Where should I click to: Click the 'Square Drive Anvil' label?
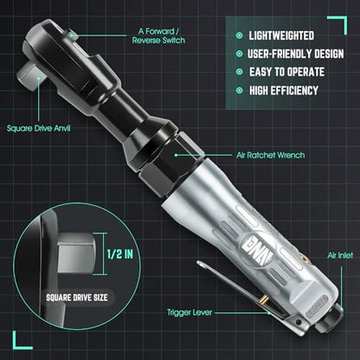tap(39, 128)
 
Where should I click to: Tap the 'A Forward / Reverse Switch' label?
tap(158, 35)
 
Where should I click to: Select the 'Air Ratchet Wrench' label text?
tap(271, 155)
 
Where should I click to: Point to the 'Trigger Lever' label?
tap(190, 312)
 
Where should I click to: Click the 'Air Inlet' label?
tap(340, 255)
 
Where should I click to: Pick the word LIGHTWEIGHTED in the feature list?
tap(281, 35)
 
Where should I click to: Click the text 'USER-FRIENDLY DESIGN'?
tap(296, 54)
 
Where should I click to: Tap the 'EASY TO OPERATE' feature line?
tap(287, 72)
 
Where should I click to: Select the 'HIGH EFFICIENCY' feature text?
tap(284, 91)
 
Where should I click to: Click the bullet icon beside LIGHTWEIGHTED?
tap(239, 35)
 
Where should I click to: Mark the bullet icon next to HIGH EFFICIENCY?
tap(239, 91)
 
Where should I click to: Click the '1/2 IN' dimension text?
tap(120, 254)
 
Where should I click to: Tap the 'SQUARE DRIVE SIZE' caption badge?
tap(77, 298)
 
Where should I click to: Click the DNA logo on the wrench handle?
tap(258, 249)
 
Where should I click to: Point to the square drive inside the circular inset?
tap(76, 253)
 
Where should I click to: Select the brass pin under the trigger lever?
tap(264, 299)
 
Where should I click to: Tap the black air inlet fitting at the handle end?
tap(330, 318)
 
